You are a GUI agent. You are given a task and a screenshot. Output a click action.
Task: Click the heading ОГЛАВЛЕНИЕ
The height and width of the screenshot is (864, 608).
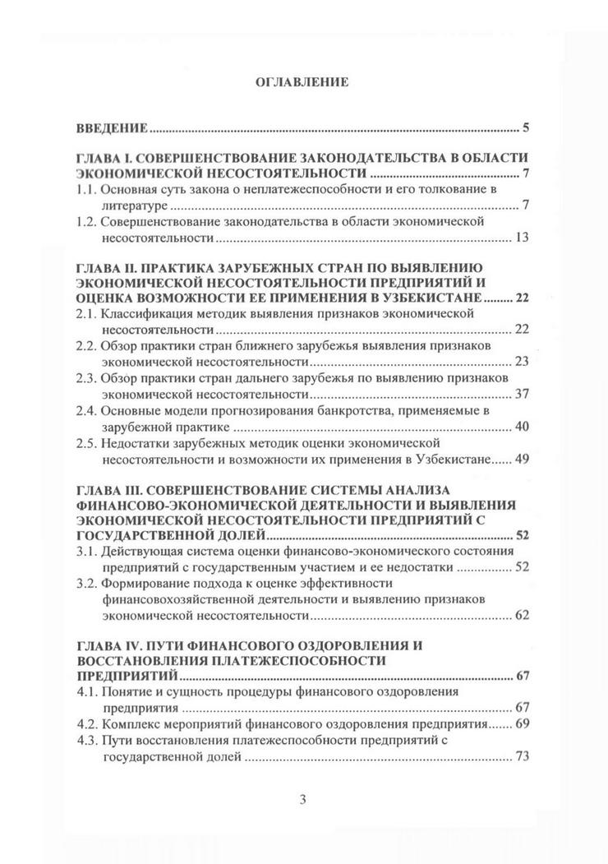[x=303, y=82]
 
